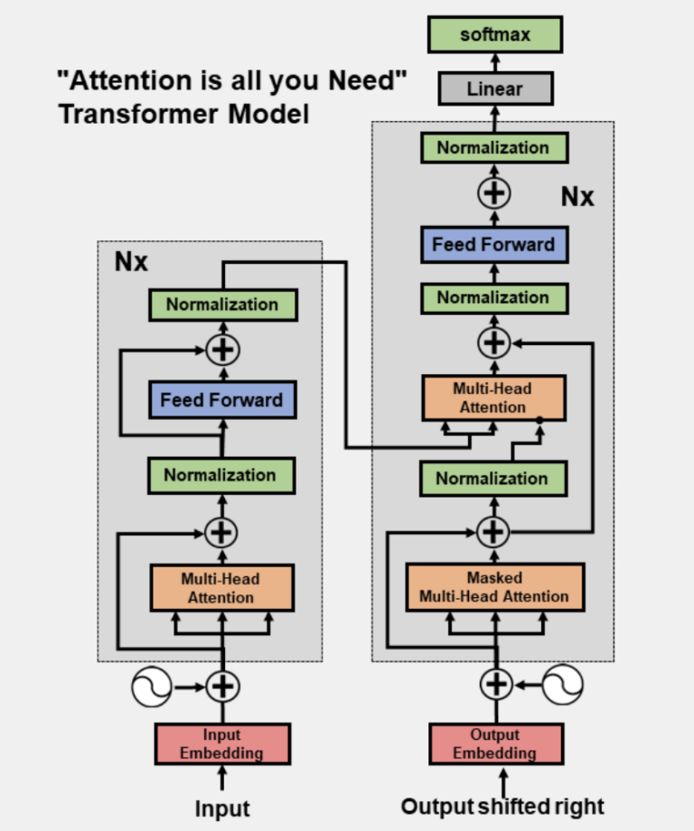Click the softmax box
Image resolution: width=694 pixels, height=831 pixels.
[495, 35]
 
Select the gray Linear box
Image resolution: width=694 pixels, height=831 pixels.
[494, 89]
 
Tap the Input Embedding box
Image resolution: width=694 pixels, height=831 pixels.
[221, 743]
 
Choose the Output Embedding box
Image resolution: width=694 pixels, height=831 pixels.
[494, 743]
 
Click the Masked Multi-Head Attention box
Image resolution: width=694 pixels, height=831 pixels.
[494, 587]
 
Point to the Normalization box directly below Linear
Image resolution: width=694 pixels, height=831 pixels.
[493, 147]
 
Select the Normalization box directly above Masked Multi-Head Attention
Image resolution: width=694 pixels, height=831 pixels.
[492, 479]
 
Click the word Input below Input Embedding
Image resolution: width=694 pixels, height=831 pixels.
[222, 808]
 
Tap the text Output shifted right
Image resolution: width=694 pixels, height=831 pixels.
[502, 806]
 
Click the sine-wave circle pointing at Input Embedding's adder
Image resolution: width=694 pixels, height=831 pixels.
[152, 686]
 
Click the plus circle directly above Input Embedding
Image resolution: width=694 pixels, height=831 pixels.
[221, 686]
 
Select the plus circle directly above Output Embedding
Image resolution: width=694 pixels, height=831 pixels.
[494, 685]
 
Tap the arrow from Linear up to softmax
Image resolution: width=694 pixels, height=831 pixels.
[495, 62]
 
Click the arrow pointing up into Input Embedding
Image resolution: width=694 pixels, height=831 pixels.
[222, 778]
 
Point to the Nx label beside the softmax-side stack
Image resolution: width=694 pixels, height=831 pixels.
[577, 196]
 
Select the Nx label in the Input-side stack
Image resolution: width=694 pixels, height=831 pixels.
[131, 263]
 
